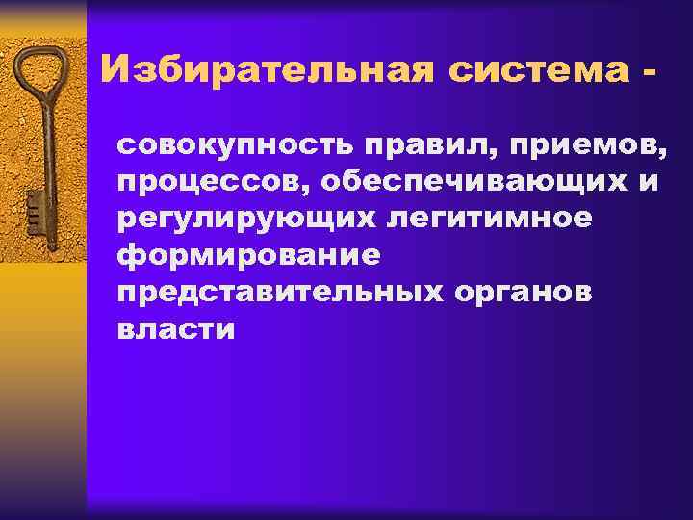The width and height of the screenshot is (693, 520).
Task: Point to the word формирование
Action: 248,257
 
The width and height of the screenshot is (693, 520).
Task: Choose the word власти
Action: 175,330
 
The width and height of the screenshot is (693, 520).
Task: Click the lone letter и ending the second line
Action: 652,184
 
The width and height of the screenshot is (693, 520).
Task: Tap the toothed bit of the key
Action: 34,207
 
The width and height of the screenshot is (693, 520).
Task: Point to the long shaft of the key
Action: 44,144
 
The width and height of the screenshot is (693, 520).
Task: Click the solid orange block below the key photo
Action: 43,385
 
